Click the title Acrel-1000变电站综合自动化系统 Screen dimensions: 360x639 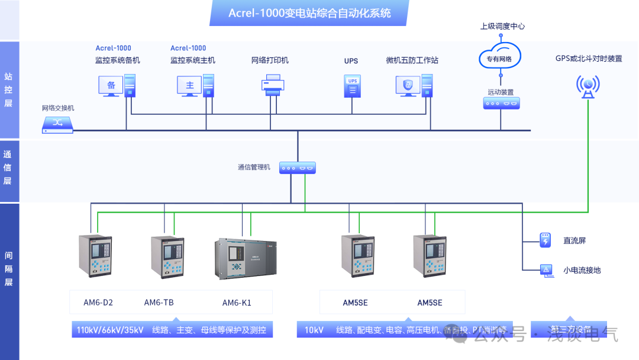point(309,13)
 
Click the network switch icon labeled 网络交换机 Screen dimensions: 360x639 point(58,123)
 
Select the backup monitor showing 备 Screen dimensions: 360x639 point(111,86)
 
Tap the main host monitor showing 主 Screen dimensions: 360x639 point(189,86)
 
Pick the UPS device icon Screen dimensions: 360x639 point(353,85)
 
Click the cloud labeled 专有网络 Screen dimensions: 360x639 point(499,58)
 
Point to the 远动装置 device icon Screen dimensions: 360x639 point(501,103)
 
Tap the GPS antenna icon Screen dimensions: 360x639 point(588,86)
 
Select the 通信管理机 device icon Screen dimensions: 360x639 point(298,168)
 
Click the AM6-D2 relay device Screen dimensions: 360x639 point(95,255)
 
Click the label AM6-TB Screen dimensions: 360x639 point(159,303)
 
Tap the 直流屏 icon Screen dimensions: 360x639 point(545,240)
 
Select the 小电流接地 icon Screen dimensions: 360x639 point(545,270)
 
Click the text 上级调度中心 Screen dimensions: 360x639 point(502,26)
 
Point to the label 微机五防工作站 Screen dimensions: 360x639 point(412,60)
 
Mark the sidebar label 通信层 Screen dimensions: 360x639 point(8,167)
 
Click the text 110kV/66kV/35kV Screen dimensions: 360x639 point(110,330)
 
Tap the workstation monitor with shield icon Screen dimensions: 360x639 point(407,86)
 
